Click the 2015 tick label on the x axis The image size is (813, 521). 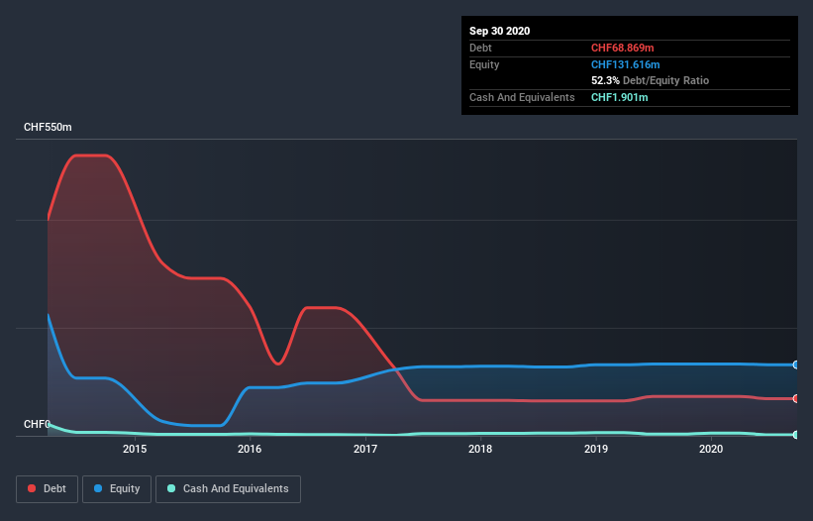(x=135, y=449)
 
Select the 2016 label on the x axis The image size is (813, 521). (x=250, y=449)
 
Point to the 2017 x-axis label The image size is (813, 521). (x=365, y=449)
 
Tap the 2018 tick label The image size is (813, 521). (x=480, y=449)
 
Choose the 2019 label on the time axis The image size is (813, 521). (x=596, y=449)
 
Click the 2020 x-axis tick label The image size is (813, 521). (x=711, y=449)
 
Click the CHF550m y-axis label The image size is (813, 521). (x=48, y=128)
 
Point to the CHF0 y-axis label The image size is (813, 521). (x=37, y=424)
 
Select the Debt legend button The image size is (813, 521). (x=49, y=488)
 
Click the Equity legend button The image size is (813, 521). (x=117, y=488)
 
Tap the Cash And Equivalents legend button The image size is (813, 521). (x=228, y=488)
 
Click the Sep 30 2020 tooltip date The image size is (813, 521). (x=499, y=31)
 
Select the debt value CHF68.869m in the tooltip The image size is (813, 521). (x=625, y=48)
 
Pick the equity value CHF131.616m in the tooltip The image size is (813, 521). (x=625, y=64)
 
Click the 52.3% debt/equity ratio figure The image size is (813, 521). (x=605, y=80)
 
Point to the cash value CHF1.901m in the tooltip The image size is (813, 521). (x=619, y=97)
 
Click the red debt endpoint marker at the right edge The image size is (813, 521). (x=795, y=398)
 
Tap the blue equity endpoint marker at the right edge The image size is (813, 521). (x=795, y=365)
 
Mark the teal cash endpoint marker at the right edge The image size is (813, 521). (x=795, y=435)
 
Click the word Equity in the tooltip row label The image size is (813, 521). (x=484, y=64)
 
